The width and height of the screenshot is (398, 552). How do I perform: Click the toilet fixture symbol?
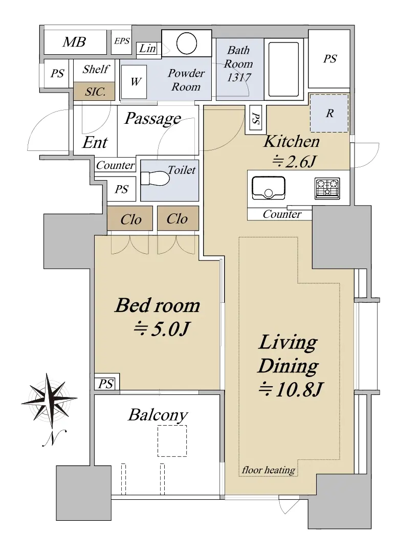click(x=155, y=178)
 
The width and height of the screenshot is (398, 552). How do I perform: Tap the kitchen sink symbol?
click(x=269, y=188)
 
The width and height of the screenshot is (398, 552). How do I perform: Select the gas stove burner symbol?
click(x=327, y=188)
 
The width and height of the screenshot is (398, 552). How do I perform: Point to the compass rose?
click(x=49, y=401)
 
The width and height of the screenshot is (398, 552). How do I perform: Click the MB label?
click(x=74, y=42)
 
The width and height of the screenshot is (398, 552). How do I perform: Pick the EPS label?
click(x=122, y=41)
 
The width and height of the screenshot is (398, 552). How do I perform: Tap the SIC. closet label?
click(x=95, y=92)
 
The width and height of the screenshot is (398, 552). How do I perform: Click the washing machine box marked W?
click(x=134, y=82)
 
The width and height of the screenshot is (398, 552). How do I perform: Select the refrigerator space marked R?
click(x=329, y=113)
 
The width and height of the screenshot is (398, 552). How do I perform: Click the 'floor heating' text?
click(x=269, y=470)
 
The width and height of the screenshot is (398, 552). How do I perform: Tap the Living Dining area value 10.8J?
click(x=291, y=390)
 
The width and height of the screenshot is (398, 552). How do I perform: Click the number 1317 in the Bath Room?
click(x=238, y=77)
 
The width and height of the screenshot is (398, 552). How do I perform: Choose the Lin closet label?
click(x=147, y=48)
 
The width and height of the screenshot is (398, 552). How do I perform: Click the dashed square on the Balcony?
click(x=172, y=441)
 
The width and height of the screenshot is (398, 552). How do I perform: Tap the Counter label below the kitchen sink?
click(x=282, y=214)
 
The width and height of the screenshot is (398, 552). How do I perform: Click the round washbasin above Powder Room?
click(x=187, y=43)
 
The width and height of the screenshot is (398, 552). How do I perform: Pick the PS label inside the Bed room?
click(x=105, y=384)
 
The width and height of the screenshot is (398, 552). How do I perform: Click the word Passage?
click(x=153, y=119)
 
